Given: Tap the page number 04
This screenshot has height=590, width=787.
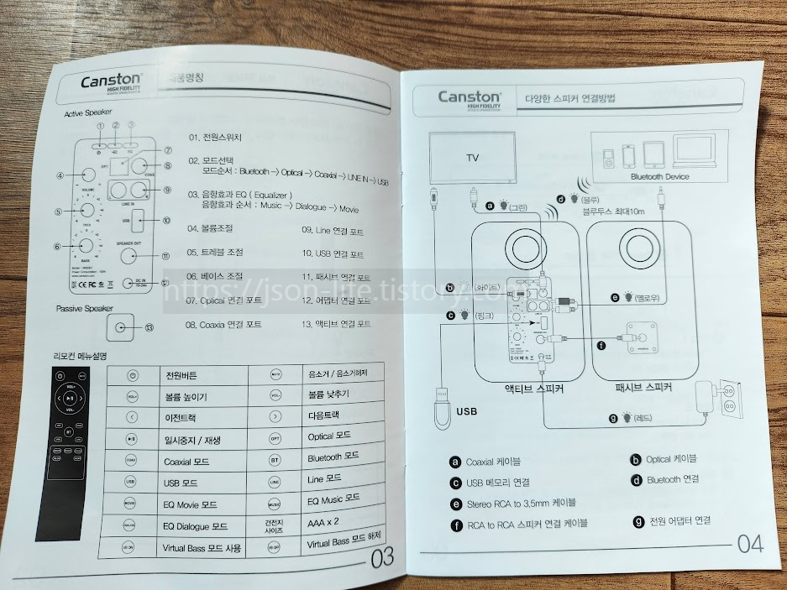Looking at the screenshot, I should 750,544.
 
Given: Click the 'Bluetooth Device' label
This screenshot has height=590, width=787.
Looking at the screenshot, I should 659,176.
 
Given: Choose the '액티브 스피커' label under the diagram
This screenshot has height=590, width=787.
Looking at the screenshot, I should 533,389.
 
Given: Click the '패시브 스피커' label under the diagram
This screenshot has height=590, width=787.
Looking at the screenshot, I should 646,389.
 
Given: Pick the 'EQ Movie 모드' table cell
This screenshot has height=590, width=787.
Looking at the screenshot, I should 191,504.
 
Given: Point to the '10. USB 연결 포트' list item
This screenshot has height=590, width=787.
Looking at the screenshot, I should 333,253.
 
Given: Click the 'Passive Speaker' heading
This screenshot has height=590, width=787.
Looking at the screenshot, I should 84,309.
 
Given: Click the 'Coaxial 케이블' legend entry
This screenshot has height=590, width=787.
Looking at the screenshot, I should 493,461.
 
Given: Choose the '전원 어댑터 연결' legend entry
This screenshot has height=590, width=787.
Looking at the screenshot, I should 679,521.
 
